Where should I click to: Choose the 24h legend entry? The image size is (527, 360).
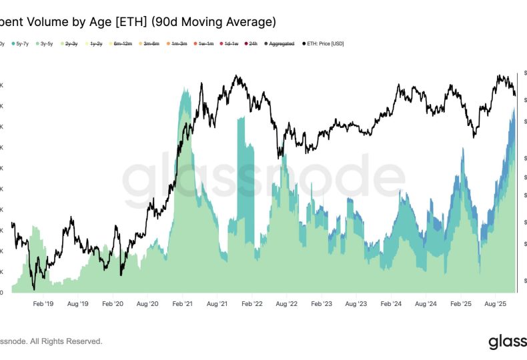tap(251, 43)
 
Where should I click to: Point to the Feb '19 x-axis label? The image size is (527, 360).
tap(43, 303)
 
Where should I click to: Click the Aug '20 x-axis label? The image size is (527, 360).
tap(147, 303)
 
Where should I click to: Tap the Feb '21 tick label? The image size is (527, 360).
tap(182, 303)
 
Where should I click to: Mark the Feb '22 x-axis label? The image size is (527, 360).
tap(251, 303)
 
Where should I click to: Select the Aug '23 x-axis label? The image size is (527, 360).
tap(355, 303)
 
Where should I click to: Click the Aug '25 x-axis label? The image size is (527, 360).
tap(494, 303)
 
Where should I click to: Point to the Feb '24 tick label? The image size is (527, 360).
tap(390, 303)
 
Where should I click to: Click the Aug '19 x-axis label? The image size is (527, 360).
tap(77, 303)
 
